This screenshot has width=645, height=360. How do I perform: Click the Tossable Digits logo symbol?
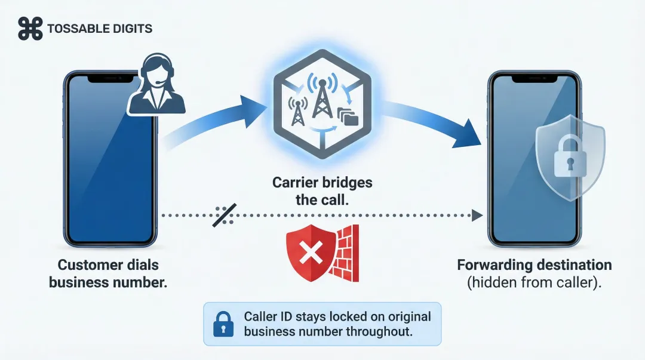click(x=30, y=28)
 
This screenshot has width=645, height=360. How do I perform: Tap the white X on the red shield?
click(x=310, y=255)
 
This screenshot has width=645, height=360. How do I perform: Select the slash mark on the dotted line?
click(x=225, y=216)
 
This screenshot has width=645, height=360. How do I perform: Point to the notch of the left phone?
click(x=111, y=78)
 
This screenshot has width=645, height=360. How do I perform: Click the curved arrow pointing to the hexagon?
click(x=215, y=122)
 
